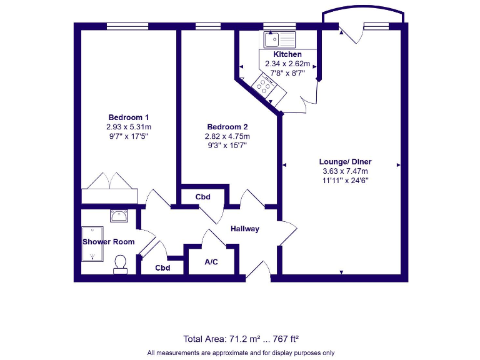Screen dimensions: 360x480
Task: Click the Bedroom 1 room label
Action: point(128,117)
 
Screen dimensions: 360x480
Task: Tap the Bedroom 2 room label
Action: point(227,127)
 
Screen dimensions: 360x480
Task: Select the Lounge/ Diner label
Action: point(345,161)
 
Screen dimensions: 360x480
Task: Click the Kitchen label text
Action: point(287,54)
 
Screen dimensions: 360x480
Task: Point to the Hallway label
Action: point(244,229)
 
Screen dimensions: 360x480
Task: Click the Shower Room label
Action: point(108,241)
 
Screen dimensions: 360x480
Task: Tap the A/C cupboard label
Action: point(211,261)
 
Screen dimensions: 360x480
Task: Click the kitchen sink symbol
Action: point(279,41)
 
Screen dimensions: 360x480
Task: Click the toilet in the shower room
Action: point(121,264)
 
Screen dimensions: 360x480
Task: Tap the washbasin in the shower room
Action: point(119,216)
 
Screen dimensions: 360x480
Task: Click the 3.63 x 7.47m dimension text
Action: point(345,171)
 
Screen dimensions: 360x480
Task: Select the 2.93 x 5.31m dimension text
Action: point(128,126)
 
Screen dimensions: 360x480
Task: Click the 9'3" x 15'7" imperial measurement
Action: point(227,146)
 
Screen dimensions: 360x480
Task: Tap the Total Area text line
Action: point(241,339)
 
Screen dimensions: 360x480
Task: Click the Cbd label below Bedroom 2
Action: point(202,197)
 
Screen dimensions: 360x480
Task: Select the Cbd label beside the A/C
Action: point(162,268)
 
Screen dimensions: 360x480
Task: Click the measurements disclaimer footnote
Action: point(241,352)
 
